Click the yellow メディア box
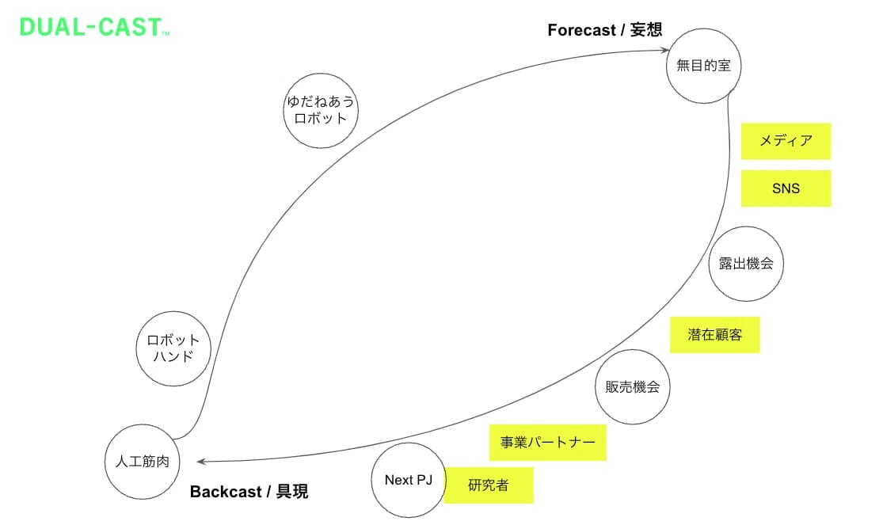coord(786,141)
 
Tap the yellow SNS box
coord(786,188)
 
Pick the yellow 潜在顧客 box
coord(714,335)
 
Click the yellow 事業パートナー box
coord(547,442)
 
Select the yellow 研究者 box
coord(489,485)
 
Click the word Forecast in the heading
coord(582,30)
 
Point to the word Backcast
coord(226,492)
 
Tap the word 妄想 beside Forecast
coord(646,29)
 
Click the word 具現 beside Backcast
coord(292,492)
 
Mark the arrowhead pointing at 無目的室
coord(665,50)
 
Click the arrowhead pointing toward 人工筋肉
coord(201,462)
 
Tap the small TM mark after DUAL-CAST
coord(166,34)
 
